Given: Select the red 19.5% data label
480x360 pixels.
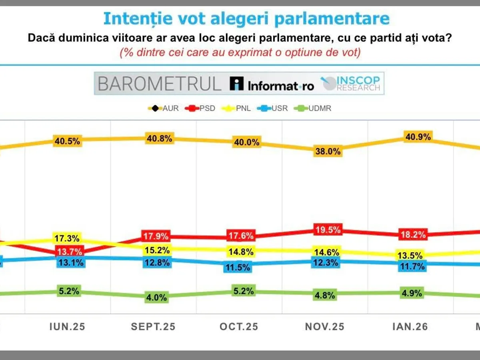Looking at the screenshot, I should click(328, 230).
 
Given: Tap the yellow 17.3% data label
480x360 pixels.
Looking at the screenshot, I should click(67, 238).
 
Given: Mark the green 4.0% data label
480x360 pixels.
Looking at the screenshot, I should click(157, 297).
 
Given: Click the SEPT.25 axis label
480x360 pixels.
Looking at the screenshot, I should click(153, 327).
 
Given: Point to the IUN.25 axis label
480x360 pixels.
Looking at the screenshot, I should click(67, 327).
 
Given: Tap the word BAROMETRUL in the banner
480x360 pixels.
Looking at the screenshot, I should click(159, 84).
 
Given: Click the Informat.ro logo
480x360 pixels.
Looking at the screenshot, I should click(272, 84).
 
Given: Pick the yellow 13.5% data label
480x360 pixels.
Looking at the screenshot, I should click(410, 255).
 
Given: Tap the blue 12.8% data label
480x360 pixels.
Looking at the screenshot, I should click(157, 262).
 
